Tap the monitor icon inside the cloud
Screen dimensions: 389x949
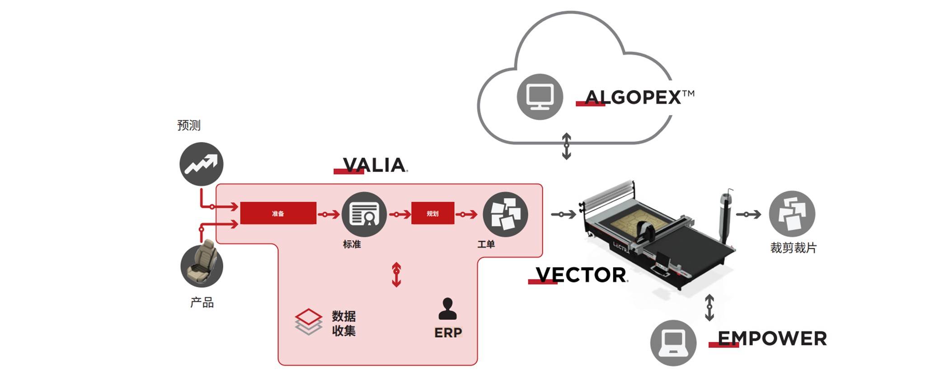pyautogui.click(x=540, y=97)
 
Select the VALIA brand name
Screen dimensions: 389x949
pyautogui.click(x=374, y=165)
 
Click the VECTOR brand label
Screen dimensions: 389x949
pyautogui.click(x=581, y=275)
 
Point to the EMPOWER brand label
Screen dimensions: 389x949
pyautogui.click(x=772, y=339)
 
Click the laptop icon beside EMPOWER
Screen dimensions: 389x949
pyautogui.click(x=673, y=343)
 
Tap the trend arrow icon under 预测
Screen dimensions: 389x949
pyautogui.click(x=202, y=164)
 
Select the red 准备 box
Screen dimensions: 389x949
pyautogui.click(x=278, y=213)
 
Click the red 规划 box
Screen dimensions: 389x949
pyautogui.click(x=432, y=213)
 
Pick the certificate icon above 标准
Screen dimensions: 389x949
pyautogui.click(x=364, y=214)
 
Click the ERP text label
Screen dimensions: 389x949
pyautogui.click(x=448, y=333)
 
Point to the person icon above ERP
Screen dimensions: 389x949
pyautogui.click(x=447, y=309)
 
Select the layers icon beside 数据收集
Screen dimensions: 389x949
pyautogui.click(x=308, y=322)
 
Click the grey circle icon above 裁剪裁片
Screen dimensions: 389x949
pyautogui.click(x=792, y=213)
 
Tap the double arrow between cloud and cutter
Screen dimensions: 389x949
pyautogui.click(x=566, y=146)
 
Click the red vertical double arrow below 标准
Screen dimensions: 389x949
pyautogui.click(x=396, y=275)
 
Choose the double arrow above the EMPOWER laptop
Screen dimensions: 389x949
pyautogui.click(x=709, y=308)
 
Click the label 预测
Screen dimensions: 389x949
pyautogui.click(x=188, y=125)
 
